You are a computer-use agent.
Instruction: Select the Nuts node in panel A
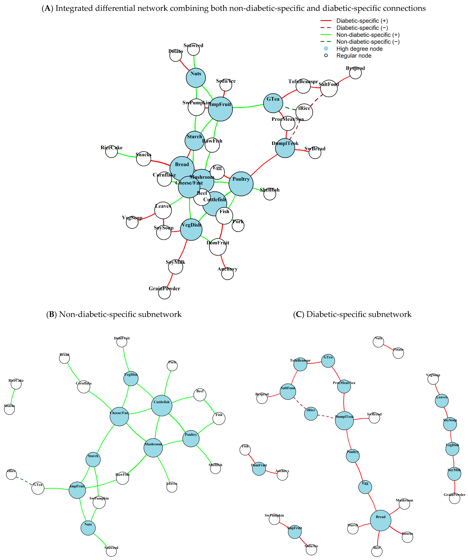click(196, 78)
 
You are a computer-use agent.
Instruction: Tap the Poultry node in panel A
click(241, 184)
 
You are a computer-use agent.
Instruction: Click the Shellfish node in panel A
click(270, 194)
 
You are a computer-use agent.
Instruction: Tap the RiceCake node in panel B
click(16, 384)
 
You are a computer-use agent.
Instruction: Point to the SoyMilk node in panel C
click(454, 474)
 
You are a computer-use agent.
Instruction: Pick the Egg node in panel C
click(365, 487)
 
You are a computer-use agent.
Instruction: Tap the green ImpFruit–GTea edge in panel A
click(248, 107)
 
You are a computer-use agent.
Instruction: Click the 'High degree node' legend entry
click(359, 49)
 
